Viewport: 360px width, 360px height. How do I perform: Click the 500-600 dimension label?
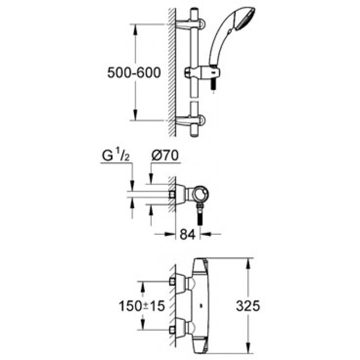134,73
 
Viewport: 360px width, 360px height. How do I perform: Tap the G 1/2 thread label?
116,156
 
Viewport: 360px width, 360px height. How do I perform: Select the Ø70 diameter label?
165,155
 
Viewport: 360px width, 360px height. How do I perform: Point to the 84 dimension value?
188,234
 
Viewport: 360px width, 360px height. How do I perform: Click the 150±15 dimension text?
142,306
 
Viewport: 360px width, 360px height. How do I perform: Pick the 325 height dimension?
248,306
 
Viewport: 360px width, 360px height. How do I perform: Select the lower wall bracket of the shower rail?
190,120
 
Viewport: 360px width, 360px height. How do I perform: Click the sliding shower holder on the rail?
202,72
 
